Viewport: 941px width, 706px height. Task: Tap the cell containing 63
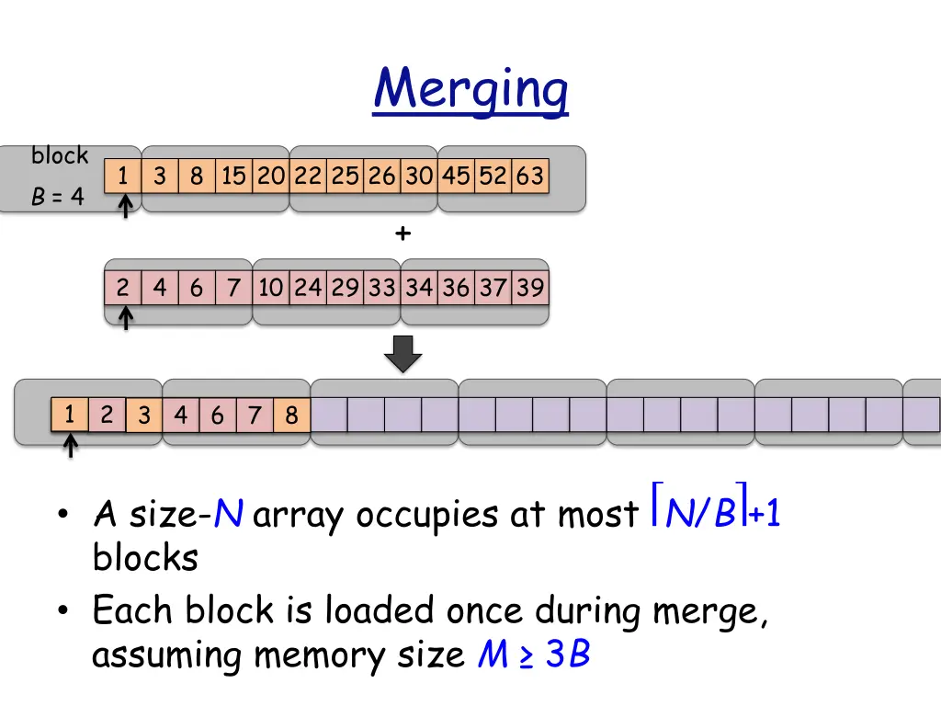[x=530, y=176]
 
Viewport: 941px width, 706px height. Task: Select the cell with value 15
[x=234, y=176]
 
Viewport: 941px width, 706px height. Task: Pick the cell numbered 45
[x=457, y=176]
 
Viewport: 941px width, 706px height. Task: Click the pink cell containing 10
[x=271, y=288]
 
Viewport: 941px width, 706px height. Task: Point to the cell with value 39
[x=530, y=288]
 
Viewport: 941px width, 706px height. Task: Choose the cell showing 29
[x=346, y=288]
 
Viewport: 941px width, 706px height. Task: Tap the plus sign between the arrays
[x=403, y=233]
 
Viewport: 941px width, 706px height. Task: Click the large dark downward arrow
[x=403, y=354]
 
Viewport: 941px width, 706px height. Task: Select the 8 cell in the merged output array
[x=291, y=415]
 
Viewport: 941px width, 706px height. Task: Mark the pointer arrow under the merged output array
[x=71, y=446]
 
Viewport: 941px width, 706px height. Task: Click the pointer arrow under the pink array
[x=125, y=318]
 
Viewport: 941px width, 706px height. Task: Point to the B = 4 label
[x=58, y=197]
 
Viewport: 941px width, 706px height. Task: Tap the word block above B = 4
[x=60, y=155]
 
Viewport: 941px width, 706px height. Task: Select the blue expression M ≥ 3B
[x=534, y=654]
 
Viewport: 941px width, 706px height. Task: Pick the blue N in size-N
[x=229, y=514]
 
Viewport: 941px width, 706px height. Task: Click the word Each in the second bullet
[x=132, y=610]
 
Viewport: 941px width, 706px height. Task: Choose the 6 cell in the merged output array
[x=218, y=415]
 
